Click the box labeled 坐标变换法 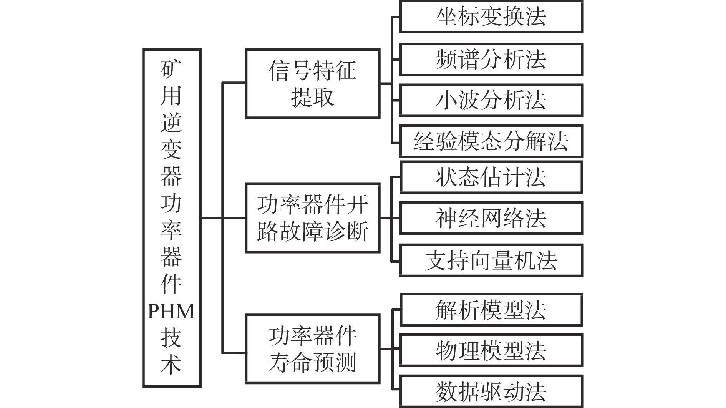click(x=491, y=17)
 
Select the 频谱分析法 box click(x=491, y=59)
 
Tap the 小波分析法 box click(x=491, y=100)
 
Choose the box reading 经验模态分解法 click(x=491, y=141)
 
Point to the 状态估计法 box click(x=491, y=177)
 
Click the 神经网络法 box click(x=491, y=218)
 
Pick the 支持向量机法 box click(x=491, y=260)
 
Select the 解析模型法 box click(x=491, y=310)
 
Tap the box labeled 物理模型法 click(x=491, y=350)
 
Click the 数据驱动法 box click(x=491, y=391)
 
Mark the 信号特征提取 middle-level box click(x=313, y=83)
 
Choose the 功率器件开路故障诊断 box click(x=313, y=218)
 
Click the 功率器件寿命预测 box click(x=313, y=349)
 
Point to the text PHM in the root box click(x=171, y=312)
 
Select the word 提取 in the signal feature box click(x=313, y=97)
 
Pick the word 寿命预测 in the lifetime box click(x=313, y=362)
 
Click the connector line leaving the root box click(x=211, y=218)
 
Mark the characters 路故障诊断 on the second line click(x=313, y=231)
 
